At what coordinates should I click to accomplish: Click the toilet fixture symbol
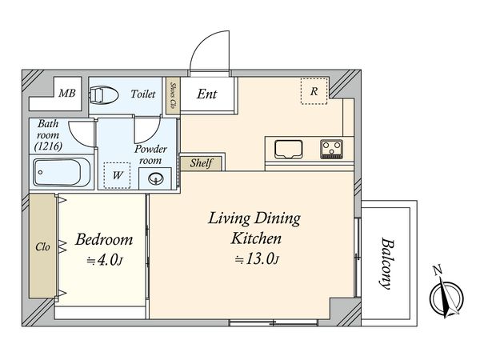(104, 95)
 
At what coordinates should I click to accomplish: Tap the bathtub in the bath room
(62, 172)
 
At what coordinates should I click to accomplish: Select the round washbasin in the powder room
(156, 178)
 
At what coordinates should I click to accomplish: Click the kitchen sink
(288, 150)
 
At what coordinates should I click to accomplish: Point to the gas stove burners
(331, 149)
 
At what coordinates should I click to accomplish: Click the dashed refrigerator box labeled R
(314, 91)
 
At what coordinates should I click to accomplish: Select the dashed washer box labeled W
(117, 175)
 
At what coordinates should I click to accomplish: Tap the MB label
(67, 93)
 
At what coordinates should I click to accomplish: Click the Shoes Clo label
(173, 96)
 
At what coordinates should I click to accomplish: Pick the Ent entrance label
(207, 94)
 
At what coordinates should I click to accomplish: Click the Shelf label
(201, 163)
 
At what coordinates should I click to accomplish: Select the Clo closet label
(42, 246)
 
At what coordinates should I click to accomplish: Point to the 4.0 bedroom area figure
(105, 261)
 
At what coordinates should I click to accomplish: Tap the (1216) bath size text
(48, 146)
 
